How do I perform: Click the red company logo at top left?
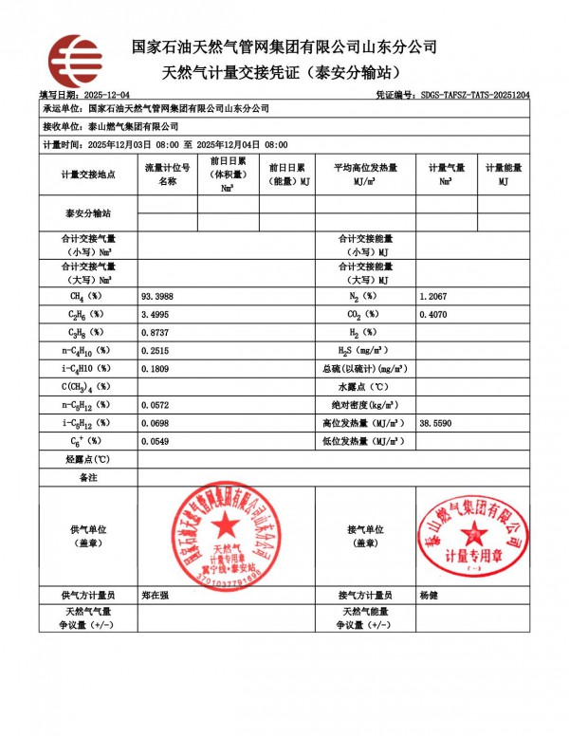click(x=75, y=61)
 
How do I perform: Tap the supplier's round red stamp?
click(x=226, y=535)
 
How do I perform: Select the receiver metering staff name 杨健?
click(x=429, y=595)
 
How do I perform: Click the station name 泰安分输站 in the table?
click(x=88, y=213)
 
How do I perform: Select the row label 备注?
click(x=88, y=477)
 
